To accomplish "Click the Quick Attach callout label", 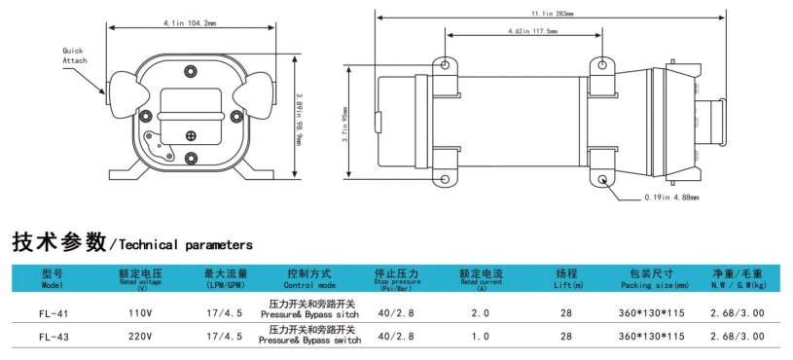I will (75, 54).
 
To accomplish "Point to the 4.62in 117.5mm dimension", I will (533, 31).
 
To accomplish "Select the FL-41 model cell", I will (53, 313).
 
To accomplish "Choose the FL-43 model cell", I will (53, 336).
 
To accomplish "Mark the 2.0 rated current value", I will (480, 313).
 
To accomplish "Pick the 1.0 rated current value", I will (480, 336).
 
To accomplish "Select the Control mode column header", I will (310, 280).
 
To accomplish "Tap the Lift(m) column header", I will (566, 280).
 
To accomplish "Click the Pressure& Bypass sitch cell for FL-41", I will (311, 313).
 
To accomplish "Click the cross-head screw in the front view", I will (191, 135).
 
